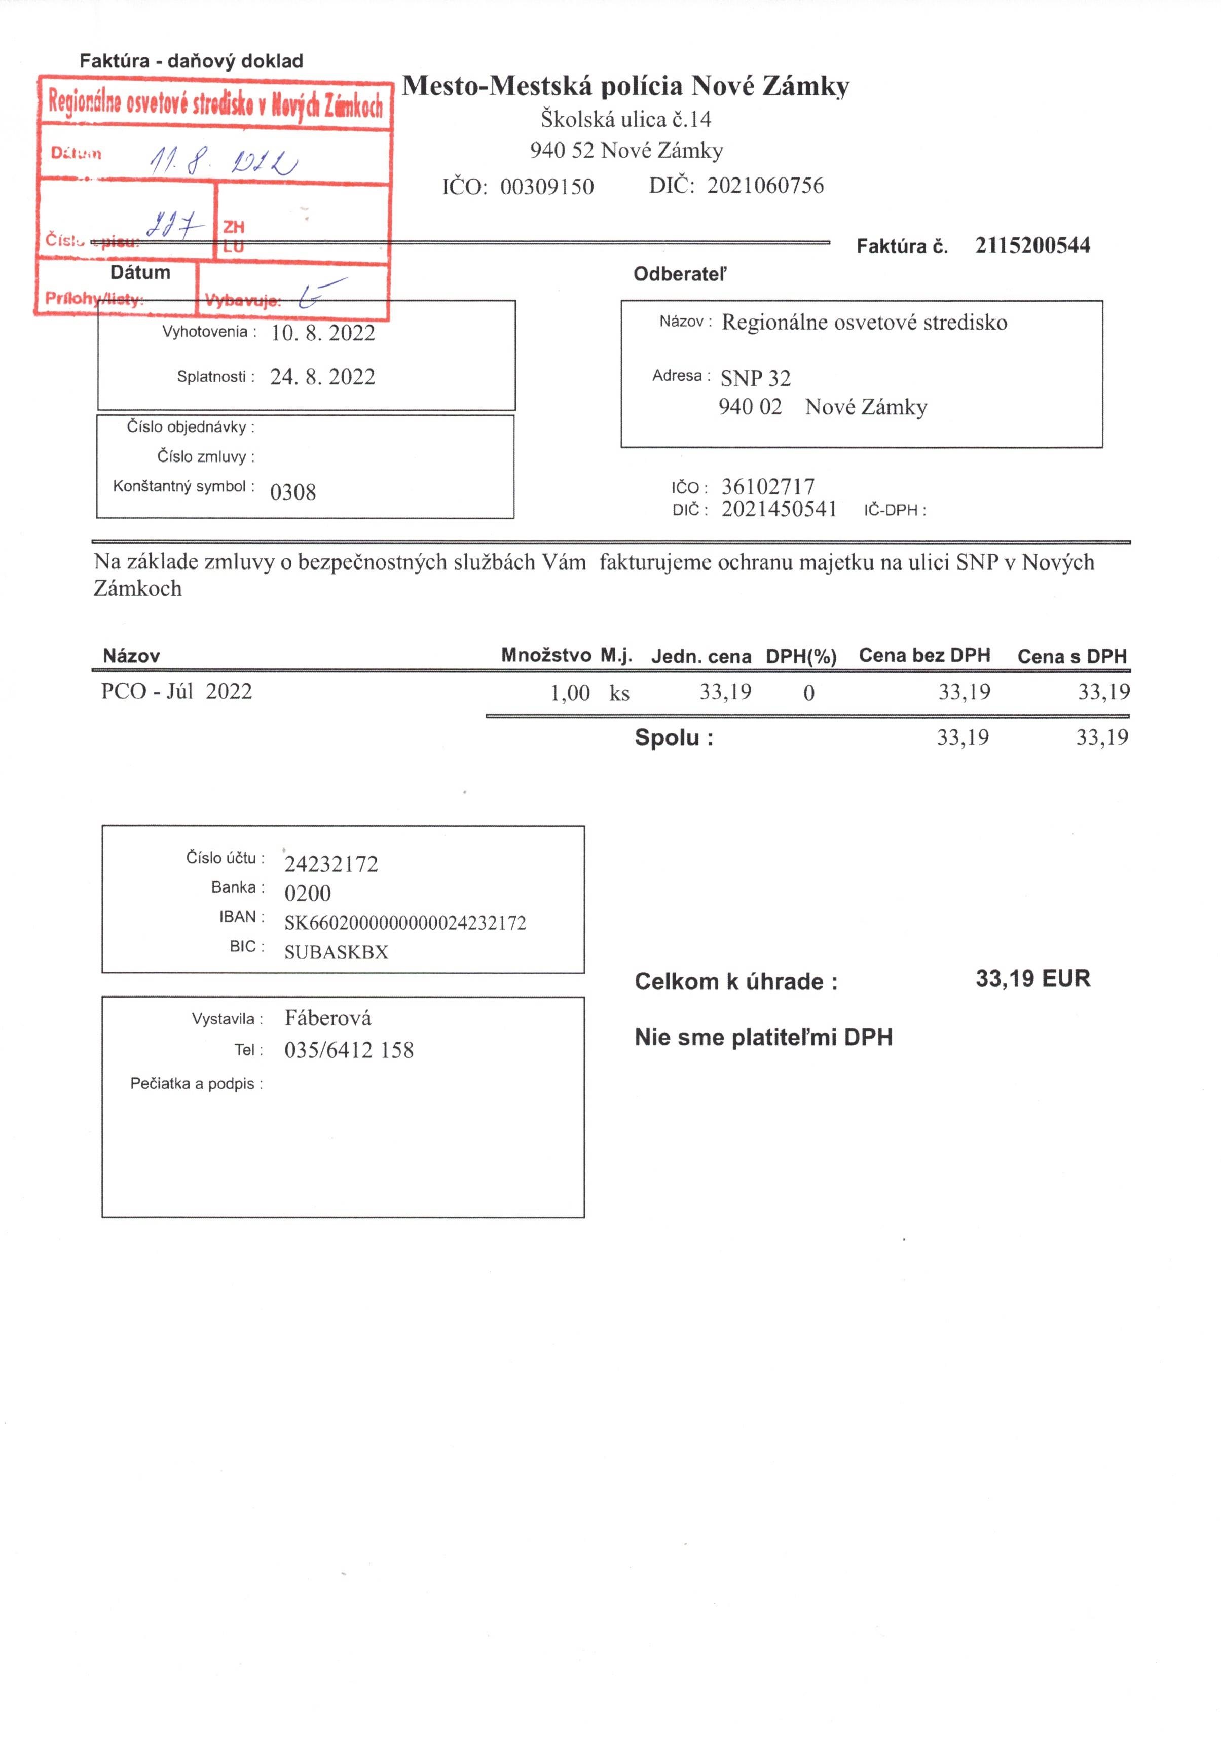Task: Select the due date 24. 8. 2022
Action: (x=322, y=377)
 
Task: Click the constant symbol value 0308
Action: (x=293, y=492)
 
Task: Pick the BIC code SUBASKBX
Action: (x=336, y=952)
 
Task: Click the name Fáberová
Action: (x=328, y=1018)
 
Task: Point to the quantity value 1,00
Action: (x=570, y=692)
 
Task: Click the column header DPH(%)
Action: (x=801, y=657)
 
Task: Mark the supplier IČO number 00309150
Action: (x=546, y=187)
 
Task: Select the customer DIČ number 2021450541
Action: (x=779, y=509)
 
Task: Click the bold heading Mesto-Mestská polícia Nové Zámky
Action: (x=625, y=86)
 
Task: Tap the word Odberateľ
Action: (x=680, y=274)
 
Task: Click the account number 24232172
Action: (x=331, y=864)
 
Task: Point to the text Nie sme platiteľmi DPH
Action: (x=763, y=1037)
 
